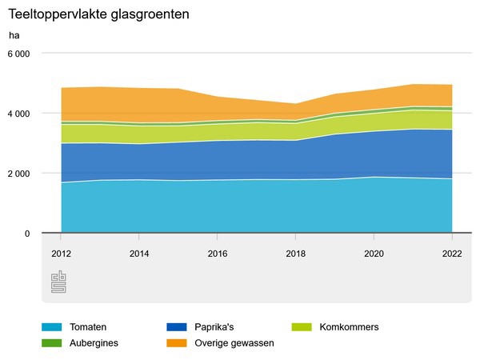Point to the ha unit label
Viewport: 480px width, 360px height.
[x=14, y=35]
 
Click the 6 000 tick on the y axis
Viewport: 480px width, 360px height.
[x=18, y=54]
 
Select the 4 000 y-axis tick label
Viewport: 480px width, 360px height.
[x=18, y=114]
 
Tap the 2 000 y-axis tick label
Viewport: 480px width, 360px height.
[x=18, y=174]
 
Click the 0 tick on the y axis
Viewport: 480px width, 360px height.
[x=27, y=234]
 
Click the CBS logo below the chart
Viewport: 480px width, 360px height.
[x=59, y=282]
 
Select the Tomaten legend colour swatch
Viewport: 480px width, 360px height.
[x=52, y=327]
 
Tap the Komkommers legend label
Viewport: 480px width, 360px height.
[x=348, y=327]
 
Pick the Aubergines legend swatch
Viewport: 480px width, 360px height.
[x=52, y=342]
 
